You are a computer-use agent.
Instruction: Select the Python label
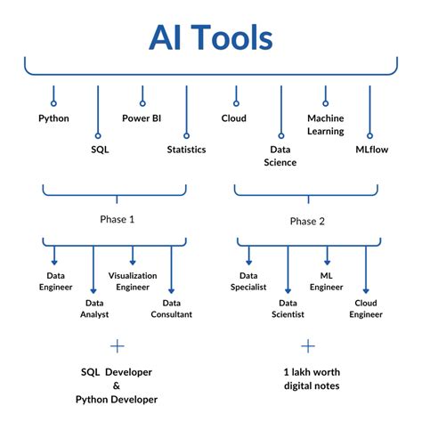pos(53,118)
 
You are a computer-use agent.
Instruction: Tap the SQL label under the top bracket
pos(99,150)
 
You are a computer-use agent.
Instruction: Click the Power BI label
pos(142,118)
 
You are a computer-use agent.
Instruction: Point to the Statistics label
pos(186,150)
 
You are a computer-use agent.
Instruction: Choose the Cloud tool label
pos(233,118)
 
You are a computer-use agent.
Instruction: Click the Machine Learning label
pos(325,124)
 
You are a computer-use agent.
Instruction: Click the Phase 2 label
pos(308,219)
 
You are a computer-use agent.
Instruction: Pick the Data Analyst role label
pos(93,309)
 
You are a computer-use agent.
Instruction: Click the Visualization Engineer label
pos(133,282)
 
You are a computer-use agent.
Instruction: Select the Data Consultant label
pos(171,309)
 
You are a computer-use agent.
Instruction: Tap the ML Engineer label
pos(325,282)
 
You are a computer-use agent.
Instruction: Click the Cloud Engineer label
pos(365,309)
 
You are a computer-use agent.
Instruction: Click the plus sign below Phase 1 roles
pos(115,345)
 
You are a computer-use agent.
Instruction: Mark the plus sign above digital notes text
pos(308,345)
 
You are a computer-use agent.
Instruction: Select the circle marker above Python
pos(53,90)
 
